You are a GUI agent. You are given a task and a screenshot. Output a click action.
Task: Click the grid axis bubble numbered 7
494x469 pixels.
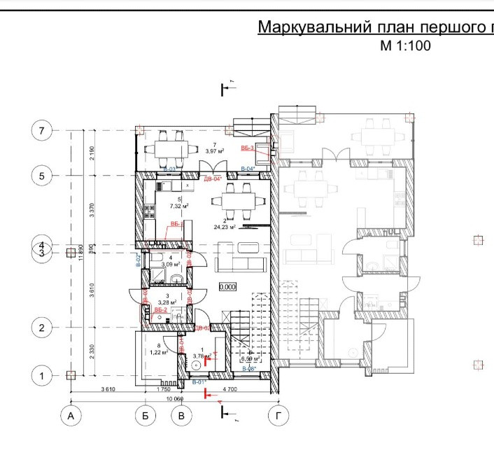click(x=42, y=131)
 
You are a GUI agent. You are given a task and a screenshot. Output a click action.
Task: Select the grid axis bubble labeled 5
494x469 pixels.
click(x=42, y=176)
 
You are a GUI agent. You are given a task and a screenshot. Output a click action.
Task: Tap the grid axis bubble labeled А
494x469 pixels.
click(x=70, y=416)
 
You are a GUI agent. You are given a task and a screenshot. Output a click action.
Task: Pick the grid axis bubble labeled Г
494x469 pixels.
click(x=279, y=416)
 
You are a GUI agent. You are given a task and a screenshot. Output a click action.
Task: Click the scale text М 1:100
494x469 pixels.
click(x=405, y=46)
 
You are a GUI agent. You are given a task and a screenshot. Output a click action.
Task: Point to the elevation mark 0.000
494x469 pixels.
click(x=227, y=287)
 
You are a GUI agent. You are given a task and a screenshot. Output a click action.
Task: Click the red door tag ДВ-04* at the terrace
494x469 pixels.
click(x=212, y=179)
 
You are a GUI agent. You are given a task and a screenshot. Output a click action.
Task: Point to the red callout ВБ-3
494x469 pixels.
click(x=247, y=148)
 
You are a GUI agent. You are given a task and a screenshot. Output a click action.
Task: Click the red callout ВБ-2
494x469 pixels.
click(x=160, y=309)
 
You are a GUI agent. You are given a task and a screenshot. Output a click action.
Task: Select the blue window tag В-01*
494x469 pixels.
click(x=197, y=382)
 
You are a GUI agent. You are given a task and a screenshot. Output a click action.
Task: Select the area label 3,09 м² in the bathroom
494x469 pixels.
click(x=171, y=265)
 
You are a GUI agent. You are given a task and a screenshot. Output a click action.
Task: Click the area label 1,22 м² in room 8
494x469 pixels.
click(x=158, y=353)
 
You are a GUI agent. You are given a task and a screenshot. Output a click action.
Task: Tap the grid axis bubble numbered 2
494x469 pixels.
click(x=42, y=328)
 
